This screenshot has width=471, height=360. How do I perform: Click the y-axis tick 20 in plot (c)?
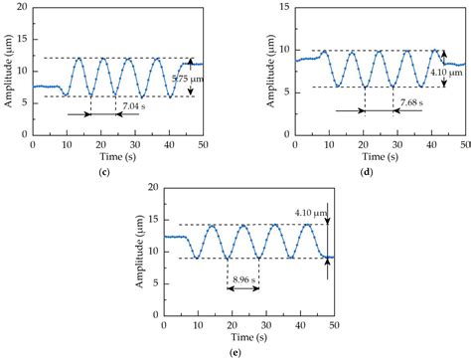24,10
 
